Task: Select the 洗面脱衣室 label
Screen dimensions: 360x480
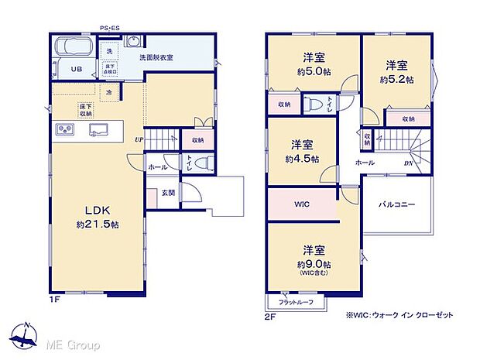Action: click(156, 58)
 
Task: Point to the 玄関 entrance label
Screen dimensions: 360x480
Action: click(167, 193)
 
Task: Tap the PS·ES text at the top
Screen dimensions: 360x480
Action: click(109, 29)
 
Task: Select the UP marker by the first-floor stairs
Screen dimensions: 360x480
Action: click(139, 139)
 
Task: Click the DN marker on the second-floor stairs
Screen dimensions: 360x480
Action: click(408, 163)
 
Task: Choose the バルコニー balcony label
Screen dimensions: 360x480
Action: click(396, 205)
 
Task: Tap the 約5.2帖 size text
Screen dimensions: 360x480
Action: click(396, 80)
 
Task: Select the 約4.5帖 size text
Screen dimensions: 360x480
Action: click(302, 159)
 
